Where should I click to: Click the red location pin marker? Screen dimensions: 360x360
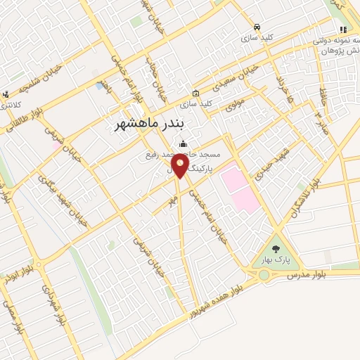[x=181, y=167]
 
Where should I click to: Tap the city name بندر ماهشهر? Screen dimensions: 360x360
[x=153, y=123]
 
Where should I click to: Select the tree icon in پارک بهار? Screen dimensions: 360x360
[x=275, y=249]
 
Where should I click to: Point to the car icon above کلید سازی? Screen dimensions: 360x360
[x=258, y=26]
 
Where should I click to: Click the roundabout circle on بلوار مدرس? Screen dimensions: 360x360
[x=264, y=275]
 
